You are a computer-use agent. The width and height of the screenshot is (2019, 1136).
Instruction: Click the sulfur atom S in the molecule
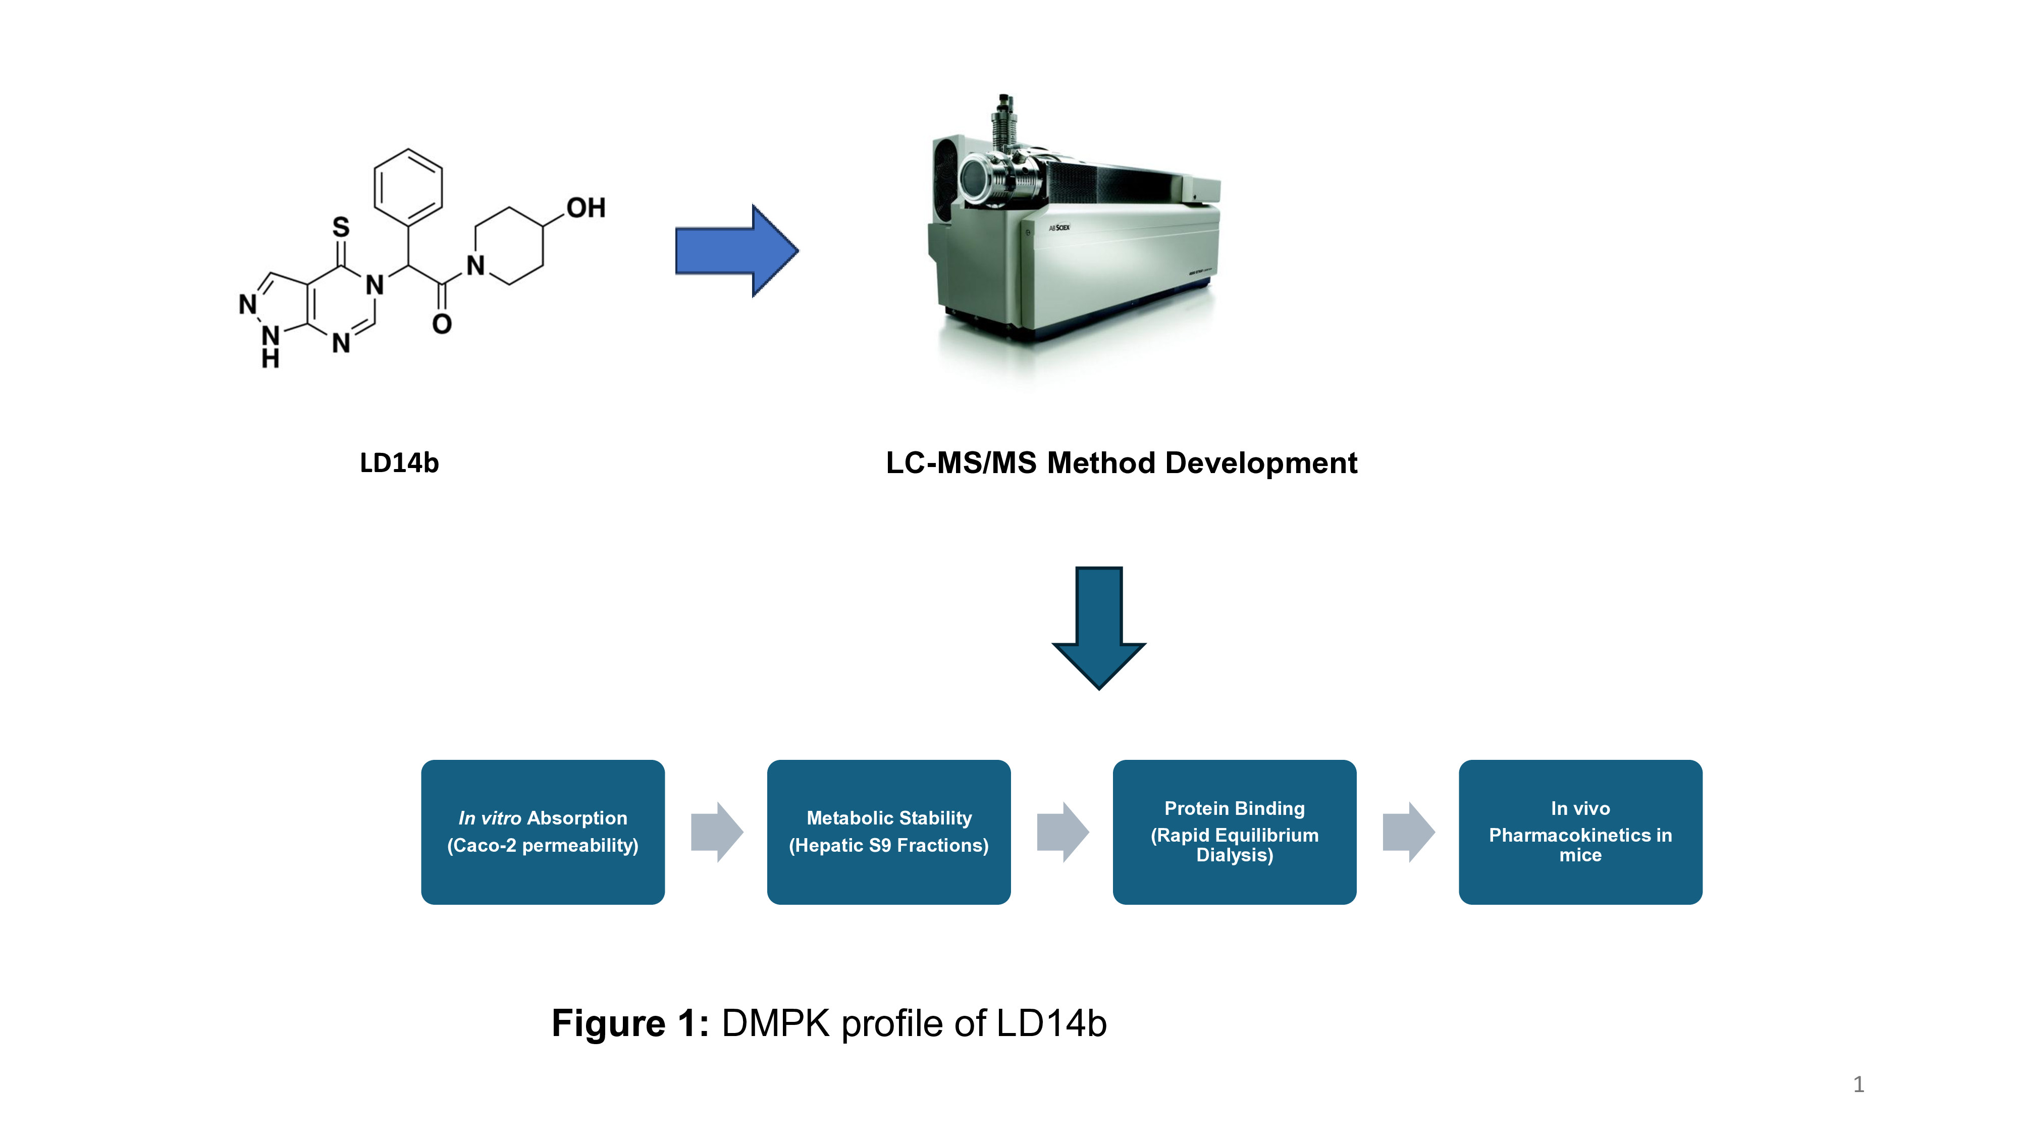[x=341, y=227]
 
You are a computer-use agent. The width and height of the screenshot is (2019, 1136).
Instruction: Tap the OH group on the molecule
[x=586, y=208]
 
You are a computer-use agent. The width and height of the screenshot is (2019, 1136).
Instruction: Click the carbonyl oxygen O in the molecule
[x=442, y=324]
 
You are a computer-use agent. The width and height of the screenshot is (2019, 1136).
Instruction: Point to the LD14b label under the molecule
[x=399, y=462]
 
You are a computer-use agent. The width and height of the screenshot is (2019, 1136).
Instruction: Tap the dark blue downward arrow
[x=1099, y=627]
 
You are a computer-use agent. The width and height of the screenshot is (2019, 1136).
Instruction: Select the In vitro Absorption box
[x=543, y=832]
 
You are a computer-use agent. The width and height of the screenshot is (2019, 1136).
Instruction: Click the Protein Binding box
[x=1235, y=832]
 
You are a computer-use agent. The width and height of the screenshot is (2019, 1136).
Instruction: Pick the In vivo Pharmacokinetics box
[x=1580, y=832]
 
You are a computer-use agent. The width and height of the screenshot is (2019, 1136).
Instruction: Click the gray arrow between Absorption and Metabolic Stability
[x=716, y=832]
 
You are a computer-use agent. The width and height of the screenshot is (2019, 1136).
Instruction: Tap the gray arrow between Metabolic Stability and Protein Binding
[x=1062, y=832]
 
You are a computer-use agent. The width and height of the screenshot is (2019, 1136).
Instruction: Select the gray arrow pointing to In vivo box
[x=1408, y=832]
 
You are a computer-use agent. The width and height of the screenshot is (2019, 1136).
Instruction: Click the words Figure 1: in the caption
[x=630, y=1023]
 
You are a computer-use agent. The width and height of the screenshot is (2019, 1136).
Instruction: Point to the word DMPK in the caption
[x=775, y=1023]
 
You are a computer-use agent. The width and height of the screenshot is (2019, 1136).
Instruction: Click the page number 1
[x=1858, y=1085]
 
